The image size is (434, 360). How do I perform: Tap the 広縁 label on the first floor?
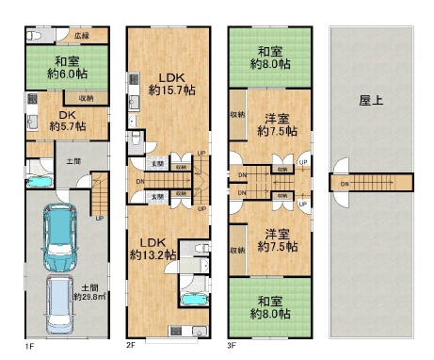83,36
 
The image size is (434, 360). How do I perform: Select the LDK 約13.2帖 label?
153,248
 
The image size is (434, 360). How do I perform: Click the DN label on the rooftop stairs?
345,184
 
